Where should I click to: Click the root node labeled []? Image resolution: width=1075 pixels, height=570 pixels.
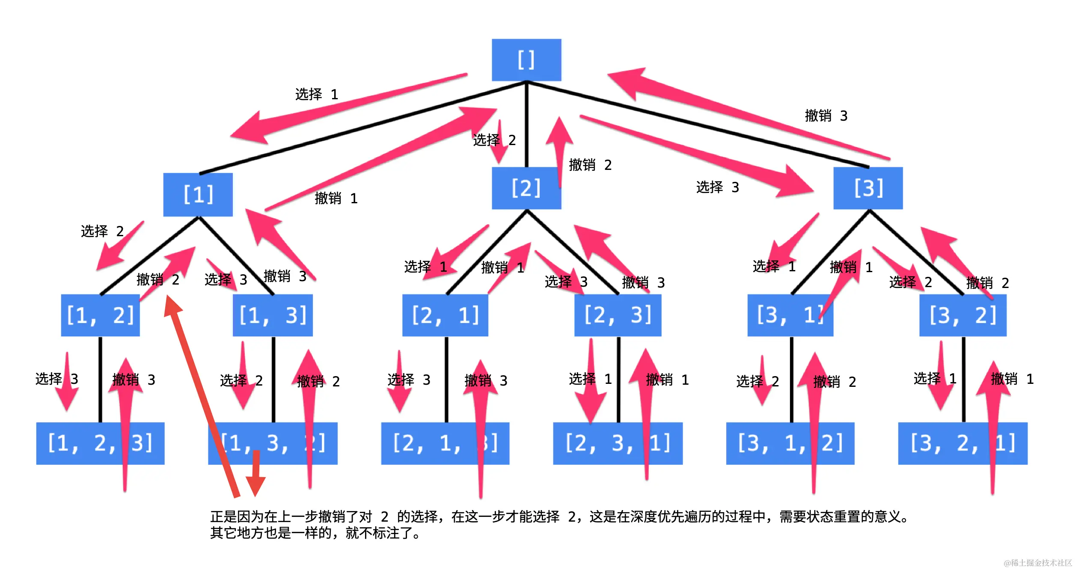[x=526, y=60]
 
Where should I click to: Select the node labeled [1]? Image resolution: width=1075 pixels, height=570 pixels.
[x=198, y=195]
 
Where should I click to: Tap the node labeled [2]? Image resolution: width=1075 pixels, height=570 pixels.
[x=526, y=188]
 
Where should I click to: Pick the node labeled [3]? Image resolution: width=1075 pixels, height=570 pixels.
[x=868, y=188]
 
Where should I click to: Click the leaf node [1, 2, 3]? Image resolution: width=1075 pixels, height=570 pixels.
[x=100, y=443]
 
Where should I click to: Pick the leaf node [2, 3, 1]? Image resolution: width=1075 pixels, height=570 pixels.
[x=617, y=443]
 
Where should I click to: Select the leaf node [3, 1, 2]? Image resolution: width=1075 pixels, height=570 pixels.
[x=790, y=443]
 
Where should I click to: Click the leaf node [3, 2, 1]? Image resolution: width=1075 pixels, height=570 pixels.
[x=962, y=443]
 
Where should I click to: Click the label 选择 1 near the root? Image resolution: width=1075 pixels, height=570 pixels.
[x=317, y=94]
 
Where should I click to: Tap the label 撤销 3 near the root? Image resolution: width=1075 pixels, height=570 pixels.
[x=826, y=116]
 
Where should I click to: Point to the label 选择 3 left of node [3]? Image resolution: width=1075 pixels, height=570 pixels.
[x=718, y=187]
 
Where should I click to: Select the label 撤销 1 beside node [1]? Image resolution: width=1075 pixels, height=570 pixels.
[x=336, y=198]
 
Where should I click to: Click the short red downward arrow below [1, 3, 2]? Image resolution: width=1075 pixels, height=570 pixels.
[x=255, y=475]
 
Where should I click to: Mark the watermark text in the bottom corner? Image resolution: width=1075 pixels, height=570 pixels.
[x=1037, y=563]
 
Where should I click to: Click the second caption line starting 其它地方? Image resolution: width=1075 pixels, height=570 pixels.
[x=315, y=533]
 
